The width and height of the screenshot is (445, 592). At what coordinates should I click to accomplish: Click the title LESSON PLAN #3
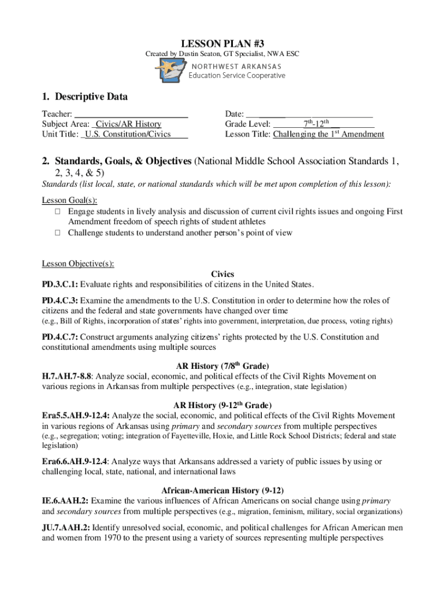[x=222, y=43]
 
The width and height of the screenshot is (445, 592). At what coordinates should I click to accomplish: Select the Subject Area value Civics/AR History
[x=128, y=124]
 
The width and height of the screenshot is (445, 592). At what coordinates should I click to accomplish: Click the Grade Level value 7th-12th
[x=316, y=124]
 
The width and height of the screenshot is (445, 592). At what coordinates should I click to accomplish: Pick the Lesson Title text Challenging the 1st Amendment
[x=328, y=134]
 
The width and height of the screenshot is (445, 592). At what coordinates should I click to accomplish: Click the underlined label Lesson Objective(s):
[x=77, y=264]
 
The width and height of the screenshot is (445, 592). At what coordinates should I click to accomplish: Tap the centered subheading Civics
[x=222, y=274]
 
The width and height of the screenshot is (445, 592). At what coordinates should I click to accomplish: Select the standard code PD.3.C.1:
[x=60, y=284]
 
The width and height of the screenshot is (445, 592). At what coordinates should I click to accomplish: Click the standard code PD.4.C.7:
[x=60, y=336]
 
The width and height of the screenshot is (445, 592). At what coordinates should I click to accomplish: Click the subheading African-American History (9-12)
[x=222, y=490]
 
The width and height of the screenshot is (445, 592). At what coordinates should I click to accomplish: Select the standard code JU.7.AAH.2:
[x=66, y=527]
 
